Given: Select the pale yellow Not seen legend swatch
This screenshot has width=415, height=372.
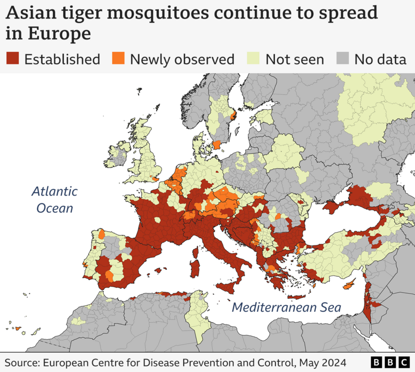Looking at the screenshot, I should (254, 59).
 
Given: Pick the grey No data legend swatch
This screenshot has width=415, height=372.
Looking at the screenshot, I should (343, 59).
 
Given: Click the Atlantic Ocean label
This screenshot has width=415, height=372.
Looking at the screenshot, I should (54, 200).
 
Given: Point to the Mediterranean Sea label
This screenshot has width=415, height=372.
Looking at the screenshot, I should (286, 307).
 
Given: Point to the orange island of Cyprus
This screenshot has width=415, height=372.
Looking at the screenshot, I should (350, 284).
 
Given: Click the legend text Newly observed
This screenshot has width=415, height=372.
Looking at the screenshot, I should (182, 59).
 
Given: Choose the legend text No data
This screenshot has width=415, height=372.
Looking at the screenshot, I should (380, 59).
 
